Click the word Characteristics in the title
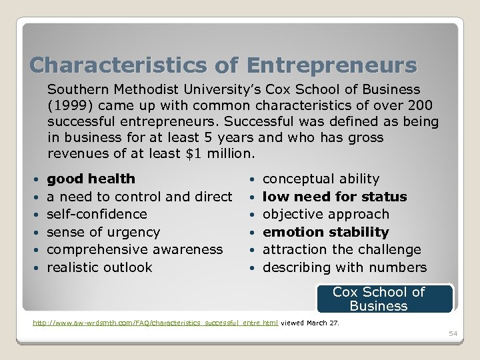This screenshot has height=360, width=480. [119, 65]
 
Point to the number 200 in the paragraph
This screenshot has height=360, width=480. [420, 106]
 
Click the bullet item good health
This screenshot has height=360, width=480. [91, 179]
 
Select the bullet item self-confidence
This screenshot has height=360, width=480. [97, 214]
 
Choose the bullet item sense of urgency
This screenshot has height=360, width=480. [103, 232]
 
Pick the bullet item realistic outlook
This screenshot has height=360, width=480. [99, 267]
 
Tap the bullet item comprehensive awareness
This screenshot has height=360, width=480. [135, 249]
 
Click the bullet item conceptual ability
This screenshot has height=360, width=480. [321, 179]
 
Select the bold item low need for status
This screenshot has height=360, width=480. [335, 197]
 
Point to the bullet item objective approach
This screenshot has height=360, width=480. [325, 214]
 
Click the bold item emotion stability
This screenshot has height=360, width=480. [325, 232]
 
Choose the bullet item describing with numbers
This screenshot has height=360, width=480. [345, 267]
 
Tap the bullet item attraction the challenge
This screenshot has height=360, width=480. [341, 249]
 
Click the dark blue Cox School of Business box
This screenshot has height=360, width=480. [385, 299]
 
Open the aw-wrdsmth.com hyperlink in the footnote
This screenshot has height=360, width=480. [155, 323]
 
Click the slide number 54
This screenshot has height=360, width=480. [453, 333]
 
